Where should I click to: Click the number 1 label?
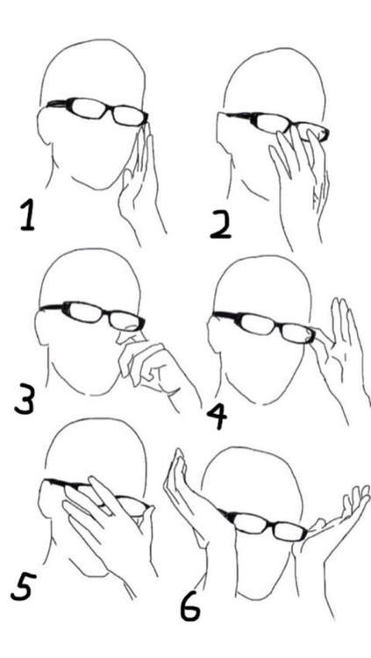(x=28, y=216)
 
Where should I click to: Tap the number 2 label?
(x=220, y=224)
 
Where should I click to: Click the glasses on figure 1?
(x=97, y=111)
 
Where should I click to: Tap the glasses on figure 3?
(x=93, y=315)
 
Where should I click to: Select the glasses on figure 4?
(x=264, y=326)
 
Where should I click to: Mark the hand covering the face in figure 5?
(x=109, y=525)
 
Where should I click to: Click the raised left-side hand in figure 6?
(x=189, y=495)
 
